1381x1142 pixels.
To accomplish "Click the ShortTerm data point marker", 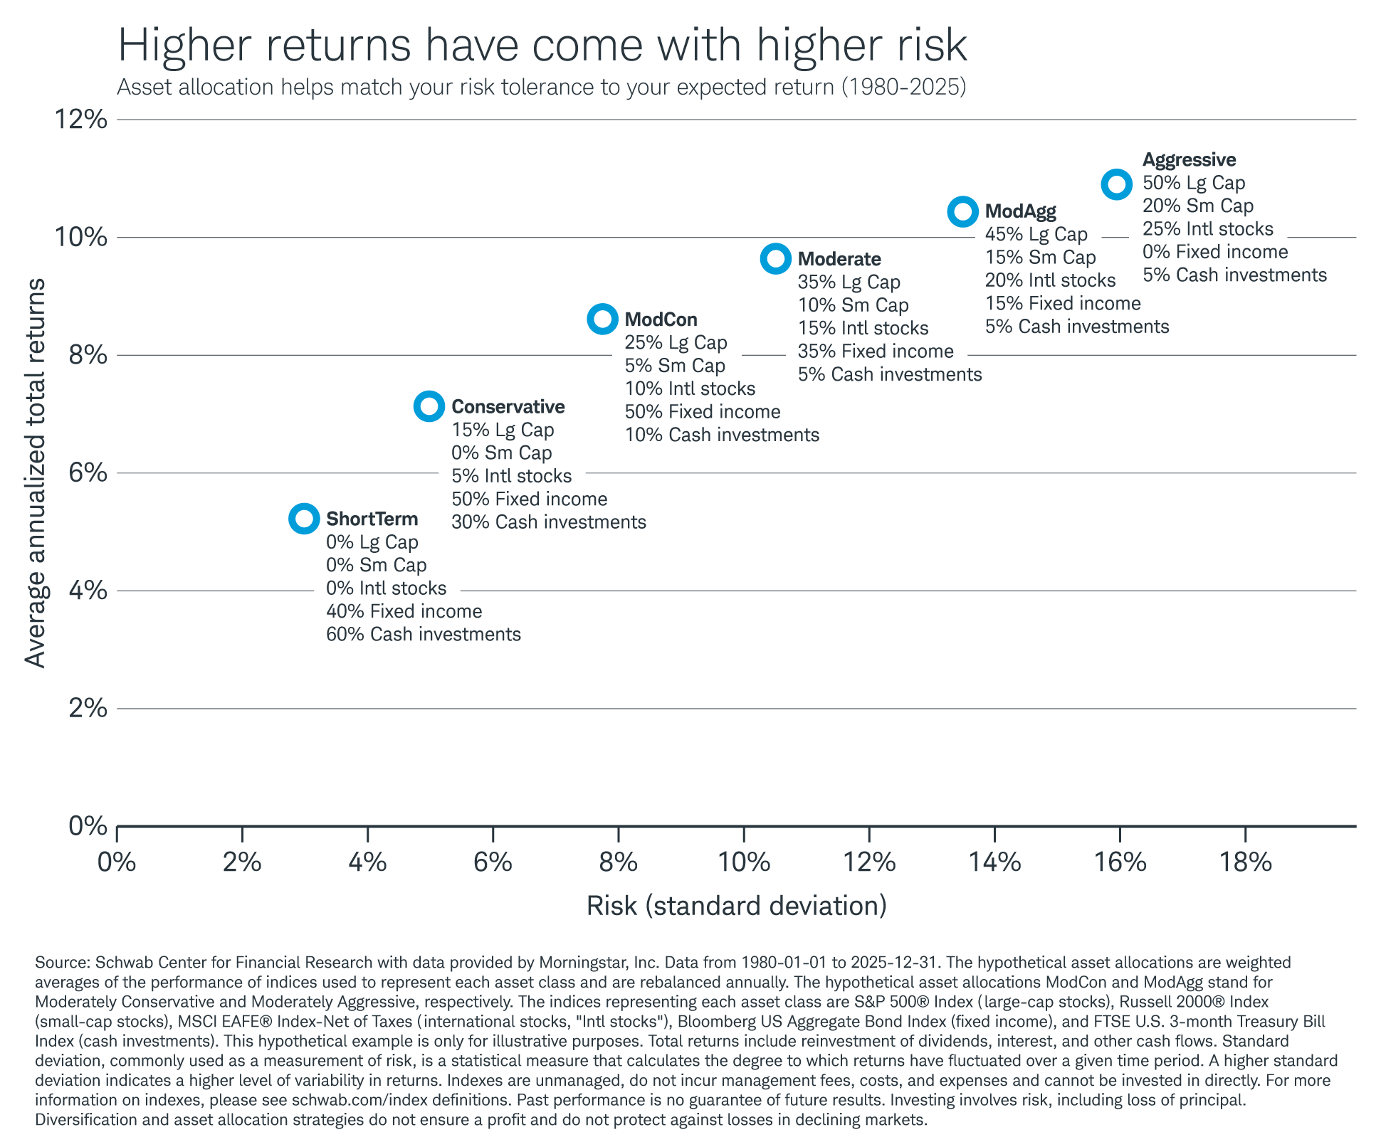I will pyautogui.click(x=304, y=519).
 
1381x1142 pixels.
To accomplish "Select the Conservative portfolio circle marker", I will pyautogui.click(x=429, y=406).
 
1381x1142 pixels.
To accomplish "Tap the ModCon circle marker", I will pyautogui.click(x=603, y=319).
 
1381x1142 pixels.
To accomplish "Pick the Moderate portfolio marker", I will pyautogui.click(x=776, y=258).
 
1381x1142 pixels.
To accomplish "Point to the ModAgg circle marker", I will pyautogui.click(x=963, y=211).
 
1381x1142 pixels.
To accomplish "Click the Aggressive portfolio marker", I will pyautogui.click(x=1117, y=184).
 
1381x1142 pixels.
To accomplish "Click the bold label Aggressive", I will pyautogui.click(x=1189, y=159).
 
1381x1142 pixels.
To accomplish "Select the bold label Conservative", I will pyautogui.click(x=508, y=406).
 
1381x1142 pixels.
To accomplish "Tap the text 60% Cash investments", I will pyautogui.click(x=423, y=634).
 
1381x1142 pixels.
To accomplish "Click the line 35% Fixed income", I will pyautogui.click(x=875, y=351).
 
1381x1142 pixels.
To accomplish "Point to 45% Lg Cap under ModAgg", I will pyautogui.click(x=1036, y=234).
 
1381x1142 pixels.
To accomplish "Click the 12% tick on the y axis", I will pyautogui.click(x=82, y=120).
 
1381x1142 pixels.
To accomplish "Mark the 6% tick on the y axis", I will pyautogui.click(x=88, y=472).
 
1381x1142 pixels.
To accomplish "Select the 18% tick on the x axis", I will pyautogui.click(x=1245, y=862).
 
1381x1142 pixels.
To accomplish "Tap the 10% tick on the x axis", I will pyautogui.click(x=743, y=862).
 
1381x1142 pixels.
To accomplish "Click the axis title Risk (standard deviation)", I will pyautogui.click(x=736, y=906).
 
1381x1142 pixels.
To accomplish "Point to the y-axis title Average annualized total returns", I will pyautogui.click(x=35, y=472).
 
